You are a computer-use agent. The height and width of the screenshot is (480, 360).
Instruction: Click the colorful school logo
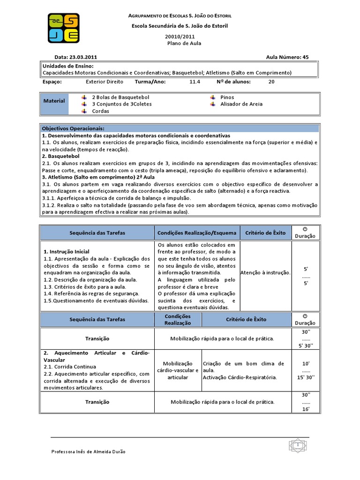pos(64,28)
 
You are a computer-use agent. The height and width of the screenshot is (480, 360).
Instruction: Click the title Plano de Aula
pos(184,43)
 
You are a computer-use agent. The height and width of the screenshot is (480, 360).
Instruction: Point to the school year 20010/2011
pos(180,36)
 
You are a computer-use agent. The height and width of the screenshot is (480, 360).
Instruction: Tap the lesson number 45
pos(306,57)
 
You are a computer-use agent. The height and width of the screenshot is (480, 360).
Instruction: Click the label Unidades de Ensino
pos(68,66)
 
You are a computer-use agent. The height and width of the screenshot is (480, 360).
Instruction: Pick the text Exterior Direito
pos(105,82)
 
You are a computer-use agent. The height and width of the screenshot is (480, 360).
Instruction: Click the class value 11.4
pos(195,82)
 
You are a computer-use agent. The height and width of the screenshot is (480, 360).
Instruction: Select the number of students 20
pos(271,82)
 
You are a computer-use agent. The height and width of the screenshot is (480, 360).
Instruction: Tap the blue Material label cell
pos(54,101)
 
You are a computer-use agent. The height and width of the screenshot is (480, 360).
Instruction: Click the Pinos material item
pos(227,97)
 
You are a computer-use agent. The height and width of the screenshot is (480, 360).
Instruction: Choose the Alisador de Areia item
pos(241,104)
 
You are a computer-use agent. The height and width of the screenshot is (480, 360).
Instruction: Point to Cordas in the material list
pos(100,111)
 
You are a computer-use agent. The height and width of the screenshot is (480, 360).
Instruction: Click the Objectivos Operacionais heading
pos(73,128)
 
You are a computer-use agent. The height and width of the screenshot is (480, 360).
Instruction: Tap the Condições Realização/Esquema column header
pos(197,232)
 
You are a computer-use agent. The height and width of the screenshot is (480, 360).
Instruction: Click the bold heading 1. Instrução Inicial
pos(66,252)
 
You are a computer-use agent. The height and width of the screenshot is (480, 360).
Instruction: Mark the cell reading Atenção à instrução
pos(265,272)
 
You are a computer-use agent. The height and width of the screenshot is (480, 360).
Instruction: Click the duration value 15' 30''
pos(306,377)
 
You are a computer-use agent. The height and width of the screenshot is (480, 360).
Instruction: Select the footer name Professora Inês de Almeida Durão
pos(88,451)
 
